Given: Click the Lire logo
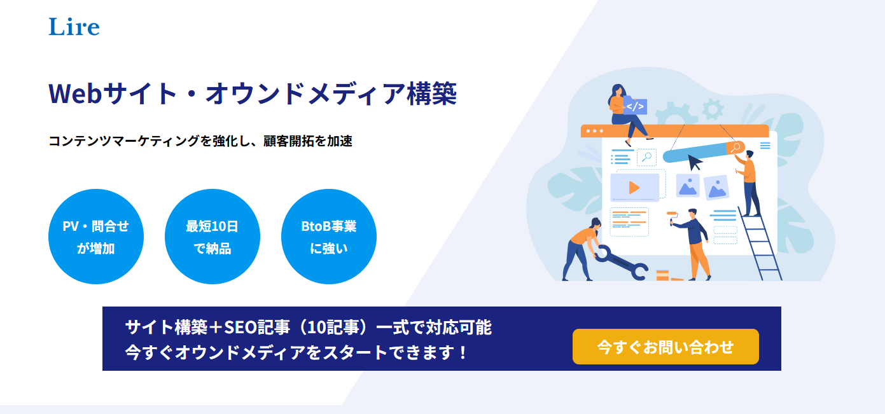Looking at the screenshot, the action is click(x=74, y=27).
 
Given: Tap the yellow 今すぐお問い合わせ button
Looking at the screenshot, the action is click(x=665, y=347).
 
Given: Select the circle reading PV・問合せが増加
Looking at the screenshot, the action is click(x=96, y=236).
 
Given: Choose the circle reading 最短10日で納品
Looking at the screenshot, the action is click(x=212, y=236).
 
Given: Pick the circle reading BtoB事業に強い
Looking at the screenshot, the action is click(x=329, y=236).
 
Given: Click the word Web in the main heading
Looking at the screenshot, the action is click(x=75, y=93).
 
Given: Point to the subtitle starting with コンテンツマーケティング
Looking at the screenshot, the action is click(x=200, y=141).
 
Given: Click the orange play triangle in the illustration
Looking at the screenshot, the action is click(x=634, y=188).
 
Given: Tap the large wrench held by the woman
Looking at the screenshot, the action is click(x=621, y=263).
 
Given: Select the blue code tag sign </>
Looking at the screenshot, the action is click(x=635, y=106).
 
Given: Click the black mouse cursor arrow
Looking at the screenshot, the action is click(x=695, y=162).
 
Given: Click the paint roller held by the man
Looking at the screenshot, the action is click(x=672, y=217).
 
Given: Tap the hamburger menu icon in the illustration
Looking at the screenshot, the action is click(x=765, y=146).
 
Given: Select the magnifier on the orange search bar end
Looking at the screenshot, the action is click(x=735, y=148).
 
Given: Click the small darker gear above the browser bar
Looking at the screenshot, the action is click(x=713, y=109).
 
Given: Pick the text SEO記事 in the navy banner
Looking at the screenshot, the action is click(x=257, y=328).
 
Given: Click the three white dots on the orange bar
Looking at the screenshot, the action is click(x=595, y=131).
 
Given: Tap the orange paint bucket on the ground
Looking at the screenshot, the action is click(x=662, y=275).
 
